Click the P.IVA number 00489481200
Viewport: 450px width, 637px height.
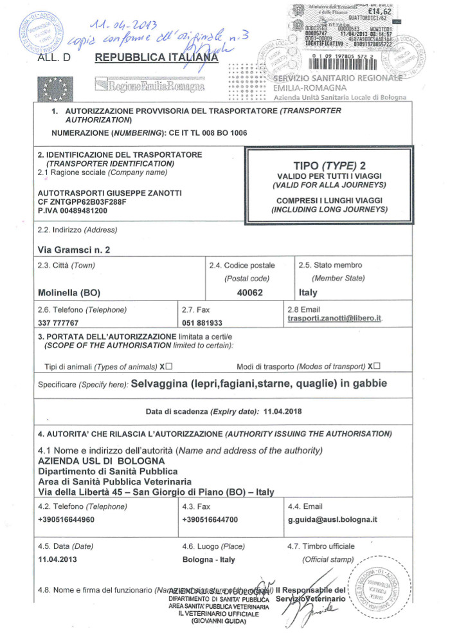73,210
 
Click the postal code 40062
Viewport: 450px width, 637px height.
249,292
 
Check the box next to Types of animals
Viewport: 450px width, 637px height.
168,366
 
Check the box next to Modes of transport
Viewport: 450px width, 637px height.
377,366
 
